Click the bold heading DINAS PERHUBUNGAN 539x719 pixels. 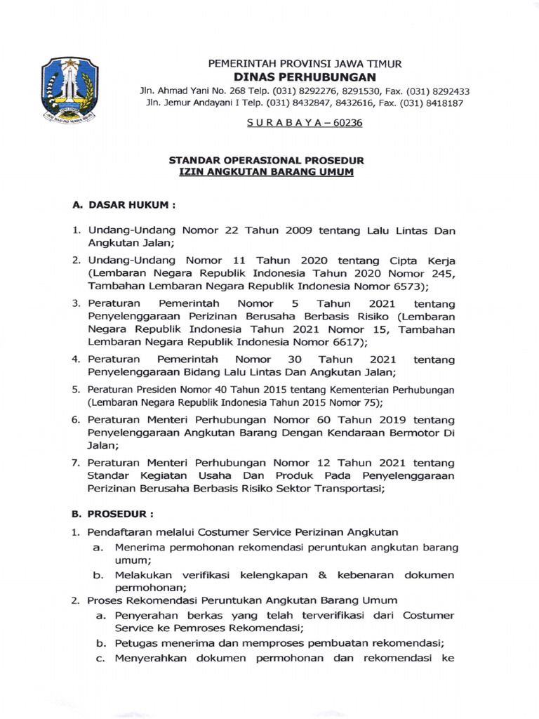[x=305, y=77]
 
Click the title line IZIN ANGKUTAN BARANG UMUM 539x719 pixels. [x=266, y=172]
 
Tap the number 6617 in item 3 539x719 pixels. [x=341, y=342]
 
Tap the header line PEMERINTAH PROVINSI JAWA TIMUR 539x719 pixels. [x=305, y=63]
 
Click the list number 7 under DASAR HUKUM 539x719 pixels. [x=76, y=463]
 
